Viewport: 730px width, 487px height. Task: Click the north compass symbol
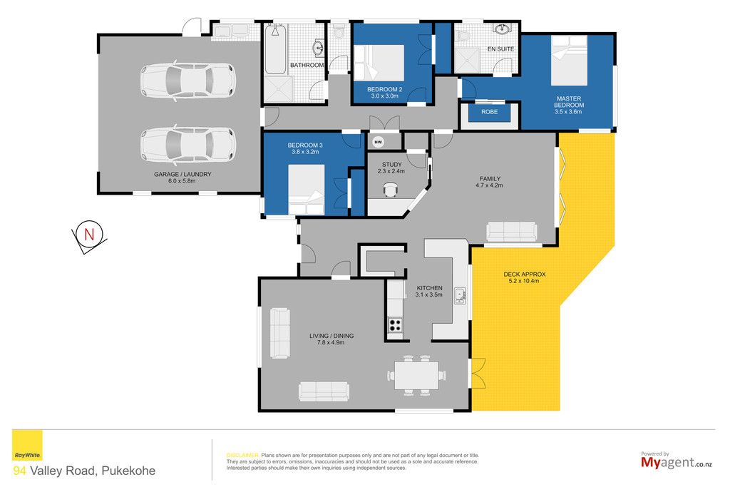pos(89,236)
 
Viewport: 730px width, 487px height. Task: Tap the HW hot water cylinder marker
pos(378,142)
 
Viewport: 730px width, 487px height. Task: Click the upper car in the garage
pos(188,81)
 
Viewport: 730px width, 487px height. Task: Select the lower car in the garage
pos(188,144)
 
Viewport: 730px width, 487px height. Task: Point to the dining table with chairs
pos(416,375)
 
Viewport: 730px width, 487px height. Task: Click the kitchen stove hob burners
pos(395,324)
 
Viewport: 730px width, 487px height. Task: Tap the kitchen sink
pos(460,296)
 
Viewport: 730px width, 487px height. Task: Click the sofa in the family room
pos(512,232)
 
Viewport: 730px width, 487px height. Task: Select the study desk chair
pos(390,189)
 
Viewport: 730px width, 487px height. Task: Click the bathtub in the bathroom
pos(275,49)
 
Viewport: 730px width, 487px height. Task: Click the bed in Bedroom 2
pos(379,62)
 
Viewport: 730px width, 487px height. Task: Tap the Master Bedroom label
pos(568,106)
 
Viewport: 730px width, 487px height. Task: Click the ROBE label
pos(489,112)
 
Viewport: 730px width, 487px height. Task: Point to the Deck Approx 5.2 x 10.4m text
pos(524,277)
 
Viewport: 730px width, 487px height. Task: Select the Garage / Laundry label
pos(182,178)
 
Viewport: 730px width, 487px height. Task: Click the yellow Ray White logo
pos(27,445)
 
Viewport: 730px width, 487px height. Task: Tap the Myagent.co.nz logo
pos(677,461)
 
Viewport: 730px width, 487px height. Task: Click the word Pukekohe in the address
pos(128,471)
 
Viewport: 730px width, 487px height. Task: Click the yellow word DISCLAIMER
pos(242,456)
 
